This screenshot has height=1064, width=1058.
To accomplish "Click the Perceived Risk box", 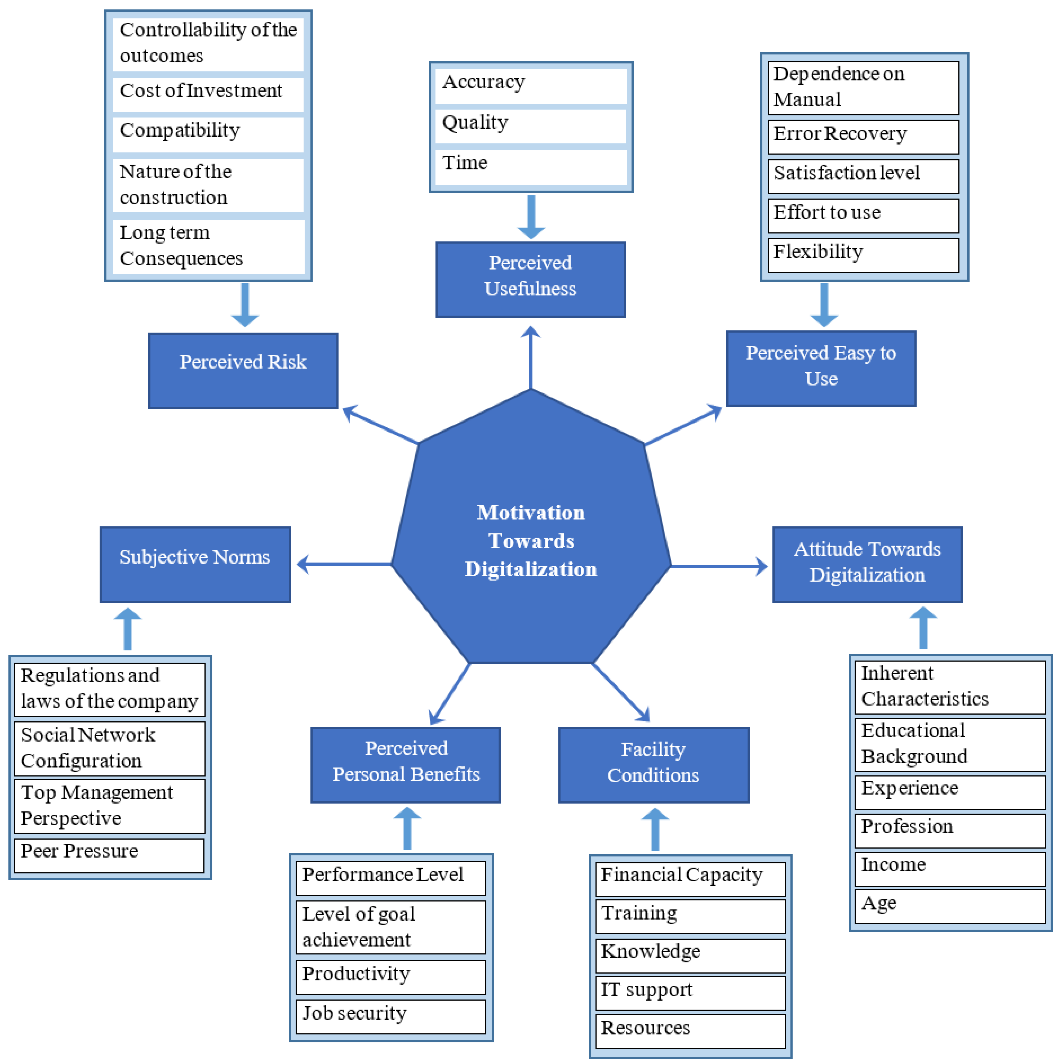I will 243,371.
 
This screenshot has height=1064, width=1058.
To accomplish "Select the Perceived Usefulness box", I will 530,279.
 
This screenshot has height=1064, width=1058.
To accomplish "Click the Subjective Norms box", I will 195,564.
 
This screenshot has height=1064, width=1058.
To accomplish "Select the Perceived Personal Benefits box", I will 406,764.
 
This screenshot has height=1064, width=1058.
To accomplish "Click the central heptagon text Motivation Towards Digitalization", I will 531,541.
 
